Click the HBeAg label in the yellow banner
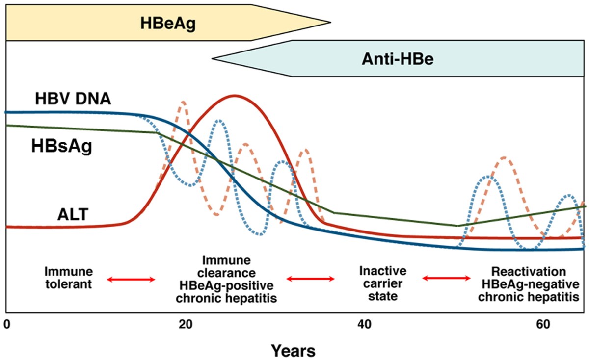click(168, 23)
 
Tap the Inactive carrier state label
click(378, 283)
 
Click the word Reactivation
click(529, 272)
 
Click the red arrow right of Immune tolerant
click(132, 280)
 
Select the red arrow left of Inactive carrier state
click(310, 279)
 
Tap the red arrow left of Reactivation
click(447, 278)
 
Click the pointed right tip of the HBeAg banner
click(331, 22)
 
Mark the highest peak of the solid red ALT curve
click(235, 95)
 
